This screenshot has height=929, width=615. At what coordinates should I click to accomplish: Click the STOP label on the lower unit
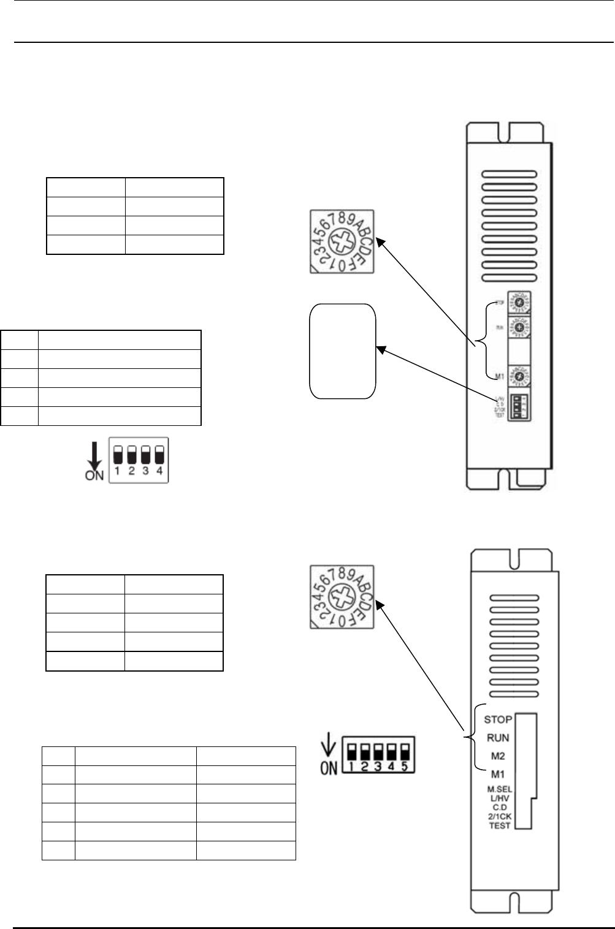click(x=498, y=719)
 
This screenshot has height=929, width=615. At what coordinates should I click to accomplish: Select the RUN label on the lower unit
click(x=498, y=738)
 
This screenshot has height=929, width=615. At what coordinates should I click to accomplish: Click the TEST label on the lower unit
click(x=500, y=825)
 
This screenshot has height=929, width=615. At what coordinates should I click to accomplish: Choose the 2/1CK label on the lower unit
click(x=500, y=816)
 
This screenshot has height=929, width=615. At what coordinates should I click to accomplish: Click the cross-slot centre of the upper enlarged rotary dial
click(x=342, y=241)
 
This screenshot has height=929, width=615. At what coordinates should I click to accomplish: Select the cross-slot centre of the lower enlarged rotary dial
click(x=342, y=597)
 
